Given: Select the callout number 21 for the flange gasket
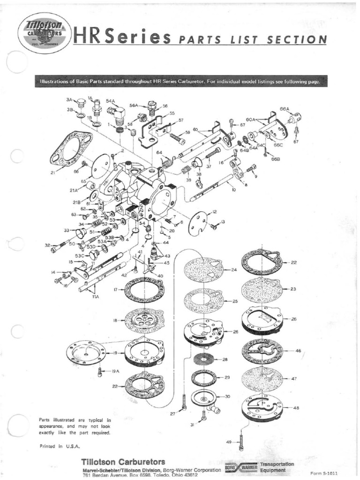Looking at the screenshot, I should click(52, 173).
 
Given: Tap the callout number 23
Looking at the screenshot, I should click(293, 289).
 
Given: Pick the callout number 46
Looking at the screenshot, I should click(299, 351).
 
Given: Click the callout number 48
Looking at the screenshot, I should click(296, 408).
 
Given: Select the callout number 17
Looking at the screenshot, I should click(115, 290).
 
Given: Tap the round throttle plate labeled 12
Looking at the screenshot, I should click(197, 224).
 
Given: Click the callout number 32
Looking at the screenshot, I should click(47, 245).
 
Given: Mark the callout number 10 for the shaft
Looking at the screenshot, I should click(233, 190).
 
